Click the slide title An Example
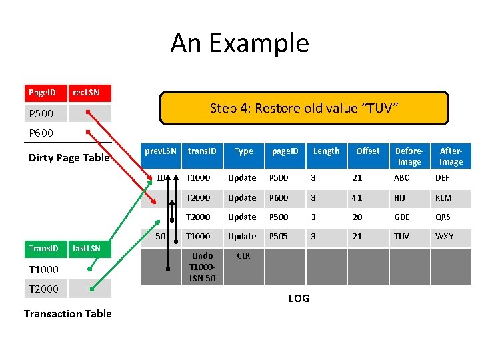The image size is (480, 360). (240, 43)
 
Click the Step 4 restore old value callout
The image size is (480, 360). (304, 108)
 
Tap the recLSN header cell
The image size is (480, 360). (87, 92)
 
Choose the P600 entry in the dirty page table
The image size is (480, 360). (41, 133)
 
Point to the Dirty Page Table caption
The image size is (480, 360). (69, 158)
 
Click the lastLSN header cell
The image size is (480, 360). (87, 249)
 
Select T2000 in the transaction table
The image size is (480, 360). (43, 289)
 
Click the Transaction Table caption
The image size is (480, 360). (67, 313)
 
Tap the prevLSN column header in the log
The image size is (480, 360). (161, 151)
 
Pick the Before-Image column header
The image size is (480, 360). (409, 157)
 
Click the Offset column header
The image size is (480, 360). (367, 151)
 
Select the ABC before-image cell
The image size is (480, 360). (402, 178)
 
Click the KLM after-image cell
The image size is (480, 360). (443, 197)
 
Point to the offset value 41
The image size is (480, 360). (358, 197)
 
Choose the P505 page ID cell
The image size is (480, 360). (279, 237)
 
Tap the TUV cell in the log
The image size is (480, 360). (402, 237)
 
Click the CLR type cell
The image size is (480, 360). (243, 256)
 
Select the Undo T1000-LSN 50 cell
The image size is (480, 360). (202, 267)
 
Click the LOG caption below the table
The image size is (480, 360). (299, 299)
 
